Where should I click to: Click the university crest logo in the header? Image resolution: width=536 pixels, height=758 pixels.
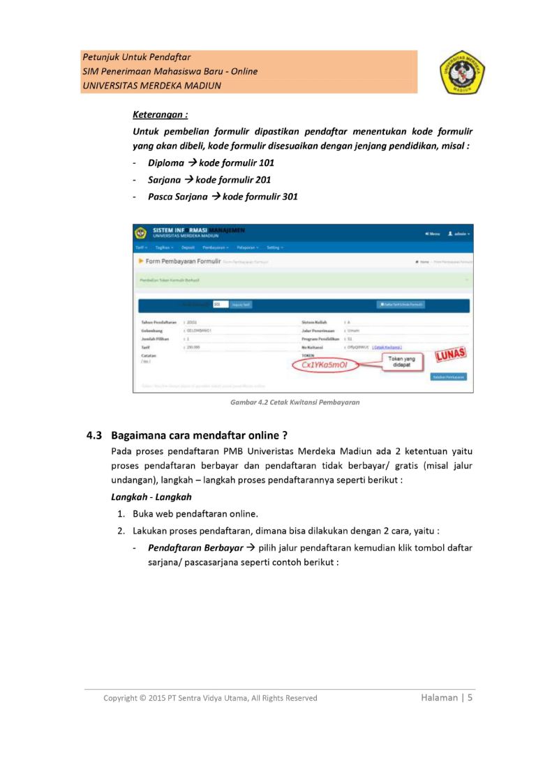(462, 72)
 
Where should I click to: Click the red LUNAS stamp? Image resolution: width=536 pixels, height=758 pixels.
(449, 355)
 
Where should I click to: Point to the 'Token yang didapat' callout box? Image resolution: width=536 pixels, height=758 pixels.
(401, 362)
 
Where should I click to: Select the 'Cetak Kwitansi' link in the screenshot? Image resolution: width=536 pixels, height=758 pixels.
(387, 347)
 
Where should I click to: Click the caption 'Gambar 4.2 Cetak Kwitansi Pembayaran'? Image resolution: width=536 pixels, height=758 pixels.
(295, 402)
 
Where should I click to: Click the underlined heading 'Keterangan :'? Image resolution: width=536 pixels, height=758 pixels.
(160, 114)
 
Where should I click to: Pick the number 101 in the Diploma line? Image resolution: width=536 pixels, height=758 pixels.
(266, 163)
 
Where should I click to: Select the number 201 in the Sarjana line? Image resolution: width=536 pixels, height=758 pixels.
(263, 180)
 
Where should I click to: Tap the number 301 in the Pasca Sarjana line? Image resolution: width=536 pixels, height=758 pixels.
(290, 197)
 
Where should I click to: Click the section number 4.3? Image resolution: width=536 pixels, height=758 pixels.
(94, 436)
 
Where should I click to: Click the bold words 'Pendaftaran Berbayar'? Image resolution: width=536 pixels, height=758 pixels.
(195, 548)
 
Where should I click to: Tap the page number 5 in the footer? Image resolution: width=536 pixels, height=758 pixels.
(470, 697)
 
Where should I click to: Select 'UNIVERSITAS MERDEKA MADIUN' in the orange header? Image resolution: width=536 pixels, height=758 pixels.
(151, 86)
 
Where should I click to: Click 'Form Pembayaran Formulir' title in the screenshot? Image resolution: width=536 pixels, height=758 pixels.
(184, 261)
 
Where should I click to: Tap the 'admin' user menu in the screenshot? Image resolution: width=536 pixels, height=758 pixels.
(459, 234)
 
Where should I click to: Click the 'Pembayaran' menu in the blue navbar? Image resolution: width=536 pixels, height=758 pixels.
(216, 247)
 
